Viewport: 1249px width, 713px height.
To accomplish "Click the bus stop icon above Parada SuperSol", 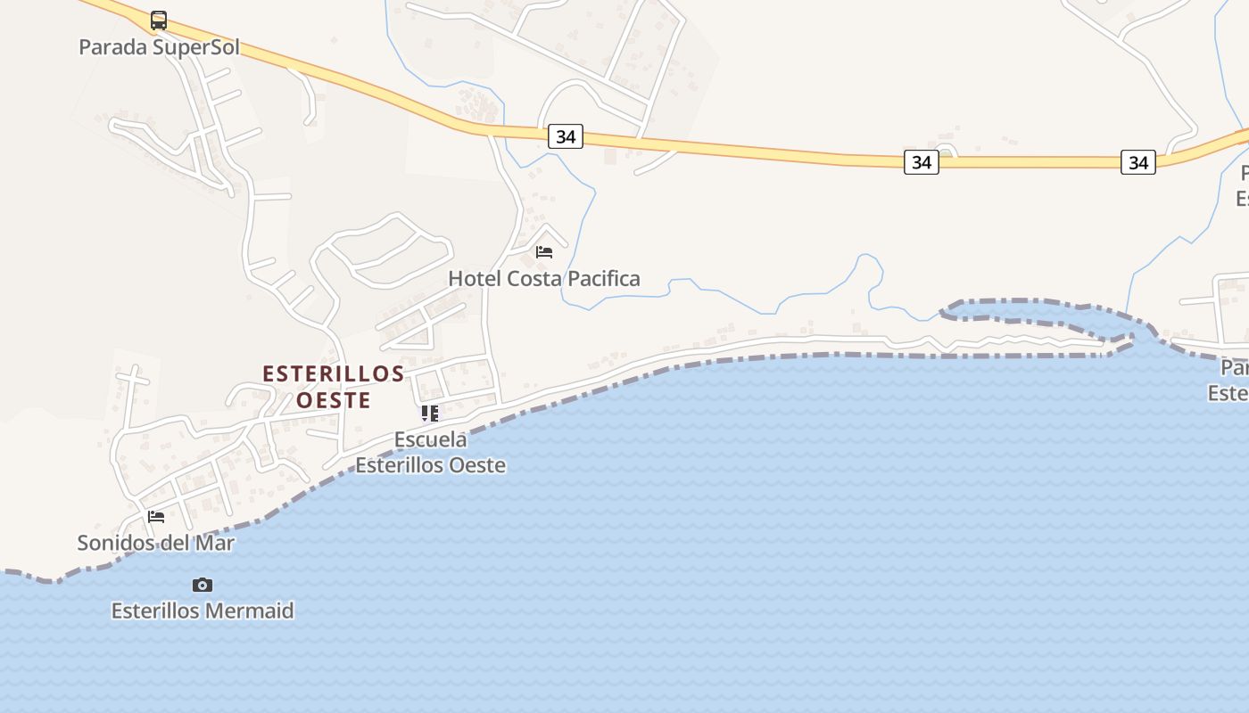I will tap(159, 20).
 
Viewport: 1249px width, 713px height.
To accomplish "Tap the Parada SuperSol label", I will tap(159, 47).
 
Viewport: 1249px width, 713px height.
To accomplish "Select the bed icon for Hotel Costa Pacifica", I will tap(544, 252).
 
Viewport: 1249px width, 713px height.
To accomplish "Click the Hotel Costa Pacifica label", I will tap(544, 279).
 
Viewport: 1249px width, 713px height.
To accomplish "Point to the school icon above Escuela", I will tap(430, 413).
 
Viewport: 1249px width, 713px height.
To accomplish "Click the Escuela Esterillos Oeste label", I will tap(431, 452).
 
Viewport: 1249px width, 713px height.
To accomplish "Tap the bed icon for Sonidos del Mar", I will tap(156, 517).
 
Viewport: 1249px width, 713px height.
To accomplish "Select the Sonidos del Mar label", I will tap(156, 543).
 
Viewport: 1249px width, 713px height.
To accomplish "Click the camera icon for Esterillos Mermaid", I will tap(203, 585).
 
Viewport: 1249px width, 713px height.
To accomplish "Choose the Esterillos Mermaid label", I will tap(203, 611).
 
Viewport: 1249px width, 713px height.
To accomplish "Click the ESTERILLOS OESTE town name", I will tap(334, 387).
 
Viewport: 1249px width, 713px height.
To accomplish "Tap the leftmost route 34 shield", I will tap(566, 136).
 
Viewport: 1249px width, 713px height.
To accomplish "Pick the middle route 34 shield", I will tap(922, 162).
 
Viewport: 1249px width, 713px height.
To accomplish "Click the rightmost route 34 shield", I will tap(1138, 162).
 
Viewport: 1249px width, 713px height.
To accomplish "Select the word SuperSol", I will tap(195, 47).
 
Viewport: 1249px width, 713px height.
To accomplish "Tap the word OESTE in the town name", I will tap(334, 401).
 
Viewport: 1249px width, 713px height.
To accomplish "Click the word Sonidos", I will tap(114, 543).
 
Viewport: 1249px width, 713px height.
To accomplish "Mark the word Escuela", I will tap(431, 439).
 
